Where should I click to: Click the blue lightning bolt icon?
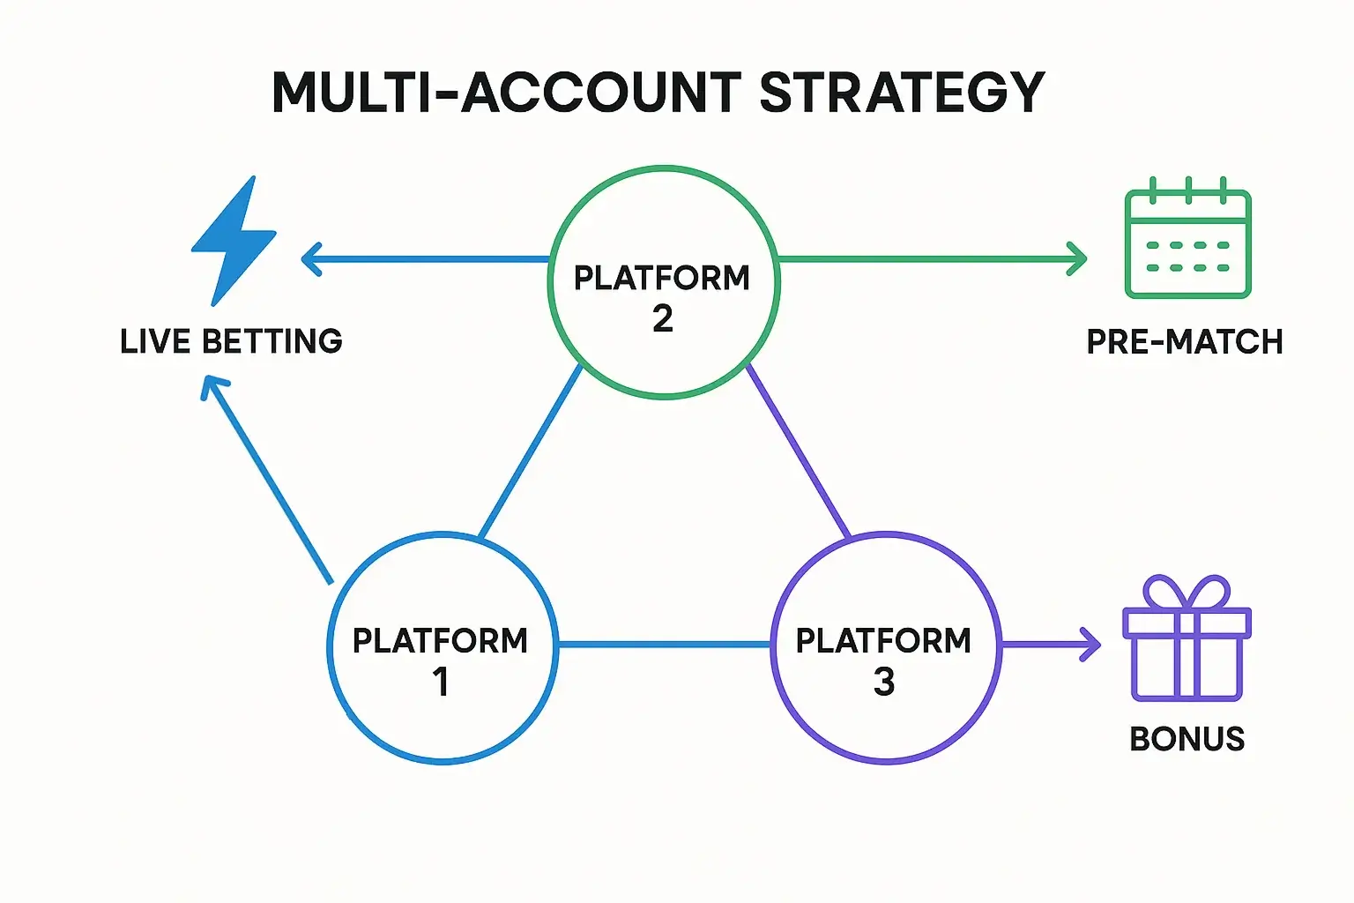232,241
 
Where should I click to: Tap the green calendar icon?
1187,240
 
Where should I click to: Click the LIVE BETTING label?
231,341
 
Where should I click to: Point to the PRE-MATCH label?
1184,342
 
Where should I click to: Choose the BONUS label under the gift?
1187,739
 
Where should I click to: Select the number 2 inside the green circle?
663,318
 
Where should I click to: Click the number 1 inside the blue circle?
441,682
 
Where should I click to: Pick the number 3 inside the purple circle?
884,682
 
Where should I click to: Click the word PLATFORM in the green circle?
662,278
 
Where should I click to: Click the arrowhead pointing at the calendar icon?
1077,259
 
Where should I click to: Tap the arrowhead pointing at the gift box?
1092,645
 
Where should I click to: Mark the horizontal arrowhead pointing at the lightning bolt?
310,259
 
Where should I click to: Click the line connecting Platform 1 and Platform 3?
664,645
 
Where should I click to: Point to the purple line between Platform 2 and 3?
798,451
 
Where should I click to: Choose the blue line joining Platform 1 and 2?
531,451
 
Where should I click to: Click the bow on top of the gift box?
1187,592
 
